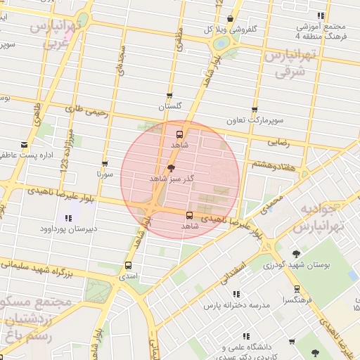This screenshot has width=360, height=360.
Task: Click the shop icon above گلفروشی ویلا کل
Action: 231,19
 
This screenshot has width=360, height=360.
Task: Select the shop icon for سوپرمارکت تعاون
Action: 255,110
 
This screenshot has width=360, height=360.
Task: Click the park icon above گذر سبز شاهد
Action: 171,168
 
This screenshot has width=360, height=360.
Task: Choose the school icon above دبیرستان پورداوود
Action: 68,218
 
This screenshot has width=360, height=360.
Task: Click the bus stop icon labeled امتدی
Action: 128,265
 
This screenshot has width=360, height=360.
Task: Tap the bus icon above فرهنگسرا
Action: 296,288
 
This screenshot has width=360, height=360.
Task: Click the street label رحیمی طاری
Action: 87,111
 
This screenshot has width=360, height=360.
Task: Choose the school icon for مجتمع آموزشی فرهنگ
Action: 321,15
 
